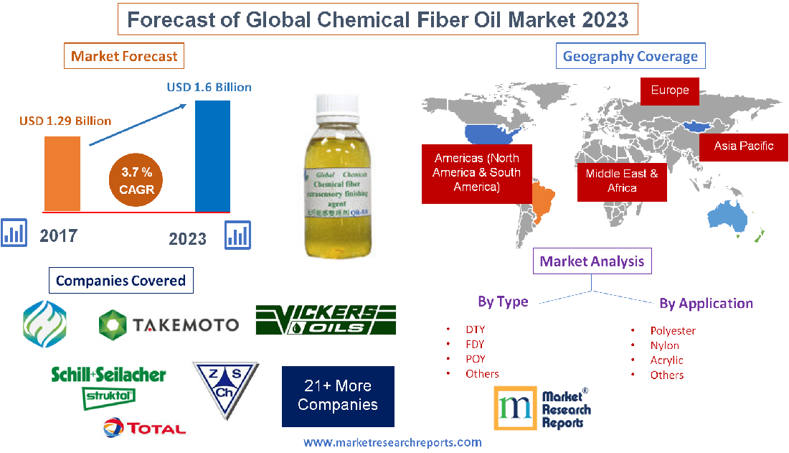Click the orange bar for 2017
point(62,173)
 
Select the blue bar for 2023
point(212,157)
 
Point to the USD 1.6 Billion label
point(209,87)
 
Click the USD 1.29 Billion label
point(65,121)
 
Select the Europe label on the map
point(669,90)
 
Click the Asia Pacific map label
point(743,146)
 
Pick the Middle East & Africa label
point(621,180)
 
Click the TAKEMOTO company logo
point(169,324)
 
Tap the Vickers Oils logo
point(326,320)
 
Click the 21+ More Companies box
point(337,395)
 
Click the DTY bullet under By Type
point(475,330)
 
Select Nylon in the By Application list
point(664,345)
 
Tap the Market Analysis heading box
point(592,261)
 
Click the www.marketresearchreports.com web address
point(392,442)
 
